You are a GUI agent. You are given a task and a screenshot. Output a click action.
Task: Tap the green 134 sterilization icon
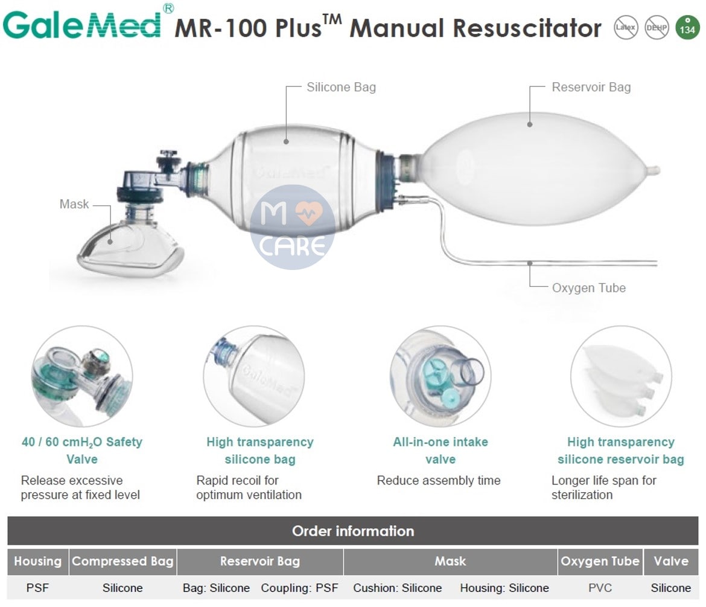(x=687, y=28)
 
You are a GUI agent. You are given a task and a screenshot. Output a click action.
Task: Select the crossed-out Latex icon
(x=626, y=28)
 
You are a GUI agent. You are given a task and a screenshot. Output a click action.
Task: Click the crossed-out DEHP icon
(x=657, y=28)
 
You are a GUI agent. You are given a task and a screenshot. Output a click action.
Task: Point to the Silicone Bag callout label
(x=341, y=87)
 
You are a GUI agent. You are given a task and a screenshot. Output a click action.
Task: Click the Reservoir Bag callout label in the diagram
(x=591, y=87)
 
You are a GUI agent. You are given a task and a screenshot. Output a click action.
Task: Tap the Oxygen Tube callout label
(x=588, y=287)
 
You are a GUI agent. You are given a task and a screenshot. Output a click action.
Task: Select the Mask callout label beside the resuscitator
(x=74, y=204)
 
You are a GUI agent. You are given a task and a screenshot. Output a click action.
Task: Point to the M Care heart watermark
(x=293, y=227)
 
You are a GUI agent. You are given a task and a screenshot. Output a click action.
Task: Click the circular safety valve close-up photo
(x=81, y=376)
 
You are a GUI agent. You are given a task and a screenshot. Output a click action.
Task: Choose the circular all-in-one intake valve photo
(x=440, y=376)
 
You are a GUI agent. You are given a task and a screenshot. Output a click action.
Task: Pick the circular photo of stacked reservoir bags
(x=621, y=376)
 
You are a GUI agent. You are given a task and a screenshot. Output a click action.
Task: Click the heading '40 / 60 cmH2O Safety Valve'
(x=81, y=450)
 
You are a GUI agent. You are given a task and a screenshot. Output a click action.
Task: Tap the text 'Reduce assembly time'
(x=439, y=480)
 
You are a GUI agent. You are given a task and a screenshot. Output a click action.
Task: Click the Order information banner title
(x=353, y=531)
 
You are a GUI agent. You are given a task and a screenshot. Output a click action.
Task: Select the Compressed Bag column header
(x=122, y=561)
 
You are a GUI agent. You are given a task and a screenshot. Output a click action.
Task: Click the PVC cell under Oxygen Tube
(x=600, y=588)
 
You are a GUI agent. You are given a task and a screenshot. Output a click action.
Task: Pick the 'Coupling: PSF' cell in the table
(x=299, y=588)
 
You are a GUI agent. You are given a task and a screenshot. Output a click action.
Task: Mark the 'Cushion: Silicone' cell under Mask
(x=398, y=588)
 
